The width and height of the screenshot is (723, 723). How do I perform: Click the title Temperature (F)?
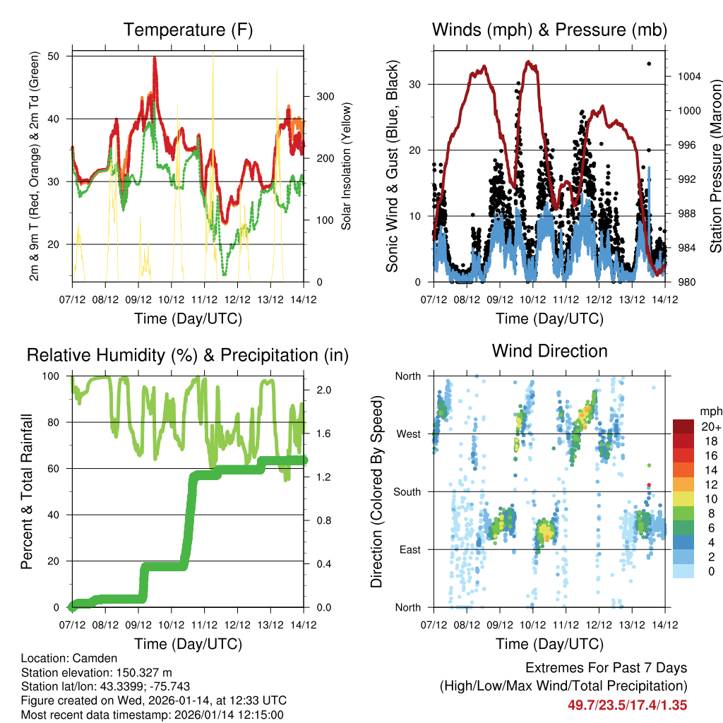coord(188,30)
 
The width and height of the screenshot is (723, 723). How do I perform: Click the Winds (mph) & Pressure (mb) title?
coord(549,30)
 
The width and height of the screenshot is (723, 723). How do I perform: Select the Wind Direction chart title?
coord(549,351)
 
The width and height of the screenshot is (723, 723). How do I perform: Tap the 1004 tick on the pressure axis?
coord(685,76)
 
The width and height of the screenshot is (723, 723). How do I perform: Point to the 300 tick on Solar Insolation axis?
coord(324,96)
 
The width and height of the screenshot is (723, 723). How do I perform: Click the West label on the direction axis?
coord(407,434)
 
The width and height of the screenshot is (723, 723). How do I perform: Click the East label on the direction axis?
coord(408,549)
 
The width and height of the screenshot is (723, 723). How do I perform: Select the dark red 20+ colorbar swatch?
coord(684,426)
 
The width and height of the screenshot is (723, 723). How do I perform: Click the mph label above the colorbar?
coord(710,411)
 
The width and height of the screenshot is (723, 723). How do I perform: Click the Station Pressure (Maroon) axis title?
coord(715,165)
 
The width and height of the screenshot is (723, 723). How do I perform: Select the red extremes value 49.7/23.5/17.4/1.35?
coord(627,705)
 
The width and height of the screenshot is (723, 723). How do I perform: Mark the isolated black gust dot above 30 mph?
coord(649,64)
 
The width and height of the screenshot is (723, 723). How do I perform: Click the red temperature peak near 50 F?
coord(155,59)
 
